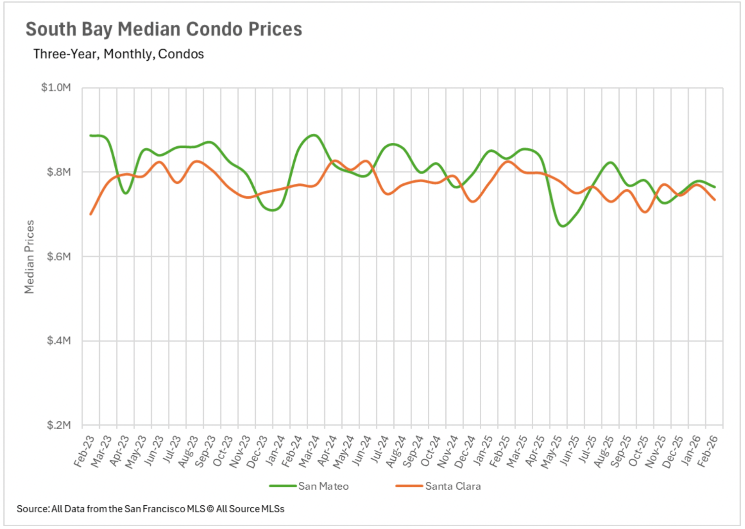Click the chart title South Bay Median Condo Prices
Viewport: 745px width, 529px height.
click(164, 30)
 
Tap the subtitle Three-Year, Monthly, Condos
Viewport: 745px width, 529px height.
click(118, 54)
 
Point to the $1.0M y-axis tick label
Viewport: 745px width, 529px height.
click(56, 87)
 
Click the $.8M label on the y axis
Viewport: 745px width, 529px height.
click(59, 172)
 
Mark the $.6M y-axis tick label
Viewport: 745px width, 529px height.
click(59, 256)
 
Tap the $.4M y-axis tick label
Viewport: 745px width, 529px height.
click(59, 341)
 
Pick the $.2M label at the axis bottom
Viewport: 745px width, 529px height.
click(59, 425)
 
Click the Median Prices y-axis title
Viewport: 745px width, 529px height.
click(29, 257)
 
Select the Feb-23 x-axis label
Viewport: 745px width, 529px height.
click(84, 451)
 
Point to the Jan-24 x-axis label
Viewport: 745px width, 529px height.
click(275, 451)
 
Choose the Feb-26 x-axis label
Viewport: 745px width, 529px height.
click(707, 451)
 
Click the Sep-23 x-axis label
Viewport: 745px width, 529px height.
click(205, 452)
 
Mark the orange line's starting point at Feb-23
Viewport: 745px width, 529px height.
click(91, 214)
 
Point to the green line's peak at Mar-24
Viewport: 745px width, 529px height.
click(314, 135)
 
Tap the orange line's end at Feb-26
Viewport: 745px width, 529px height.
click(715, 200)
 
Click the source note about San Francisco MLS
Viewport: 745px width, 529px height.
click(150, 509)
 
